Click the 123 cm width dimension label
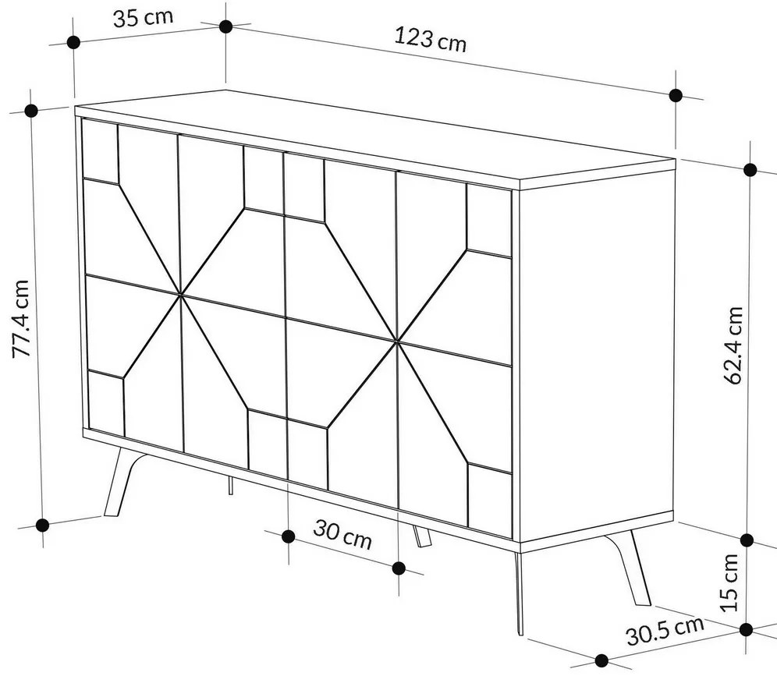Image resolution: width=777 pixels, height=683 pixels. (x=430, y=38)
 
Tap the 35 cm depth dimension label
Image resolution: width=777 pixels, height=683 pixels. (x=143, y=18)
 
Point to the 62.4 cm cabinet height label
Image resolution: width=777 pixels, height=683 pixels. (x=733, y=345)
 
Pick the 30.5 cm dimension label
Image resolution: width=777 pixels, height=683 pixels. (x=665, y=630)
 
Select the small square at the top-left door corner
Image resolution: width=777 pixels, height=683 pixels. (x=99, y=150)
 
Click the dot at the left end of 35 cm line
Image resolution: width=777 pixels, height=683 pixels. (x=73, y=43)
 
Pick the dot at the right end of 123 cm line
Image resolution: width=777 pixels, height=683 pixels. (x=676, y=95)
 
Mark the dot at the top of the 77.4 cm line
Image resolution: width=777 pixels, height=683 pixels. (x=32, y=111)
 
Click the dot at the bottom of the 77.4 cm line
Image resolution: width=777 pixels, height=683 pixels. (x=43, y=525)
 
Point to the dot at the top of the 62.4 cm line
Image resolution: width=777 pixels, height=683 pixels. (x=750, y=169)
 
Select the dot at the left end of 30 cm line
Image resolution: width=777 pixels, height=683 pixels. (x=288, y=536)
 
